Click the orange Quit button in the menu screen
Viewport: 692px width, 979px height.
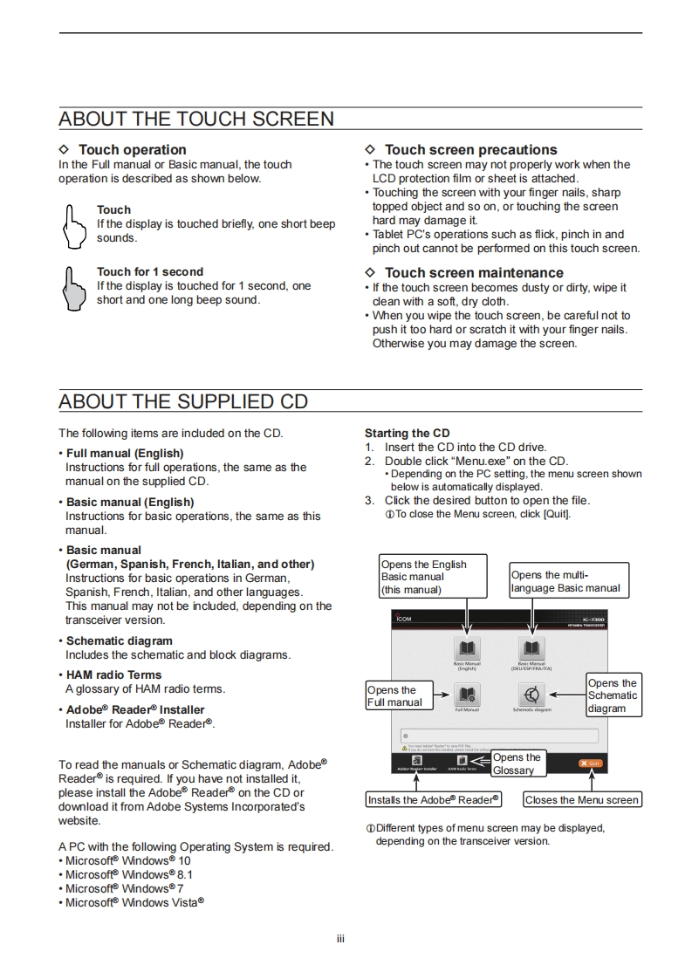click(590, 763)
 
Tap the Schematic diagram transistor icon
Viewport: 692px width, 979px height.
click(531, 695)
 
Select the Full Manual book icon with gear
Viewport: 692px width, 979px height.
click(468, 695)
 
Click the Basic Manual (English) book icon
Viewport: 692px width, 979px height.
click(468, 648)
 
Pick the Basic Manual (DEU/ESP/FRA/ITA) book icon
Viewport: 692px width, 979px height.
click(531, 648)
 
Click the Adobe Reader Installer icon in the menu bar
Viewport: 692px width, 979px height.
click(417, 761)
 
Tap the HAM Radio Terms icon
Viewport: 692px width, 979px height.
click(462, 761)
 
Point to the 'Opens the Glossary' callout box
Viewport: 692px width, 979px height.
click(518, 763)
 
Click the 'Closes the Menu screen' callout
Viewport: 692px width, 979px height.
click(582, 799)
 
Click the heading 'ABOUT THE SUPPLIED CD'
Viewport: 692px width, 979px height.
click(183, 401)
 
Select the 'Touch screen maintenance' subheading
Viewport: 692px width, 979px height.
click(474, 273)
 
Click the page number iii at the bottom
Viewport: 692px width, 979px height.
click(341, 939)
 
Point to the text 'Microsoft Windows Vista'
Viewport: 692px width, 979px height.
click(134, 902)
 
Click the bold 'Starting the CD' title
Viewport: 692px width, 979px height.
click(408, 433)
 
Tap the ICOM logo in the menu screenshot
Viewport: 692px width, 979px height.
click(404, 619)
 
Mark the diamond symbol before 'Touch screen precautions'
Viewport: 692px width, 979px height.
click(370, 150)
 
